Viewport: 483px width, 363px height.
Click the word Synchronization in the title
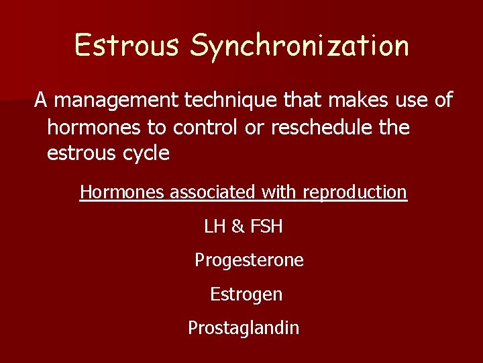299,46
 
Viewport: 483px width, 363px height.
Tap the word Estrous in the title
127,45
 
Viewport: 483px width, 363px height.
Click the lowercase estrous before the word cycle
78,153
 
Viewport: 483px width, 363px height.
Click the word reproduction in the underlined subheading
355,192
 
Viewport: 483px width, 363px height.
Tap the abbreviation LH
215,227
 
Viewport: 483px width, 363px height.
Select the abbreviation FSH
266,227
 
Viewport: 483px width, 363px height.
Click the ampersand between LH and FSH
238,227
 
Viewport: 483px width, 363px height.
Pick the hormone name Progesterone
249,261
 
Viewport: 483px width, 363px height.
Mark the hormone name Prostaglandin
244,328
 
